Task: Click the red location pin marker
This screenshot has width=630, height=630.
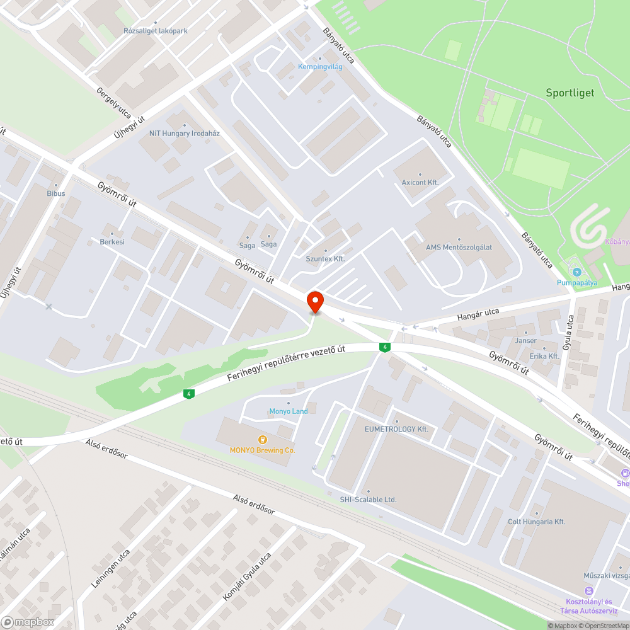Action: click(x=314, y=301)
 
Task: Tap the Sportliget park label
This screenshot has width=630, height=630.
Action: click(x=570, y=93)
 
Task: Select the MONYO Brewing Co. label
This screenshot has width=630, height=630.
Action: click(x=262, y=450)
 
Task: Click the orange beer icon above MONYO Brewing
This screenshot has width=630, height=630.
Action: click(x=262, y=439)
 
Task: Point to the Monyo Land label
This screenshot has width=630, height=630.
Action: click(x=289, y=411)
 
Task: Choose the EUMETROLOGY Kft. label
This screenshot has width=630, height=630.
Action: click(x=396, y=429)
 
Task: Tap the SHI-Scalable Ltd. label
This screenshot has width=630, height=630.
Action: click(x=368, y=500)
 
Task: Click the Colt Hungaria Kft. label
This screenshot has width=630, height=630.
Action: click(x=537, y=522)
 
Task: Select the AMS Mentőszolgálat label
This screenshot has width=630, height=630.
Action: click(x=459, y=247)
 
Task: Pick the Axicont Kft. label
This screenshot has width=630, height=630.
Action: click(x=420, y=182)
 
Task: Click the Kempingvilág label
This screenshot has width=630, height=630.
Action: click(x=320, y=66)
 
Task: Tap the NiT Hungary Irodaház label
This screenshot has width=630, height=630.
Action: click(x=184, y=133)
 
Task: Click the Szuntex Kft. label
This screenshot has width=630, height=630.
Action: click(x=325, y=258)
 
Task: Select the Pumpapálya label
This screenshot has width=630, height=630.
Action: click(x=576, y=282)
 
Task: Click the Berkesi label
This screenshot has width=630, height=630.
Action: click(x=112, y=241)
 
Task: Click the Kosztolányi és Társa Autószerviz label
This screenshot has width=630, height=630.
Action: click(x=589, y=605)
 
